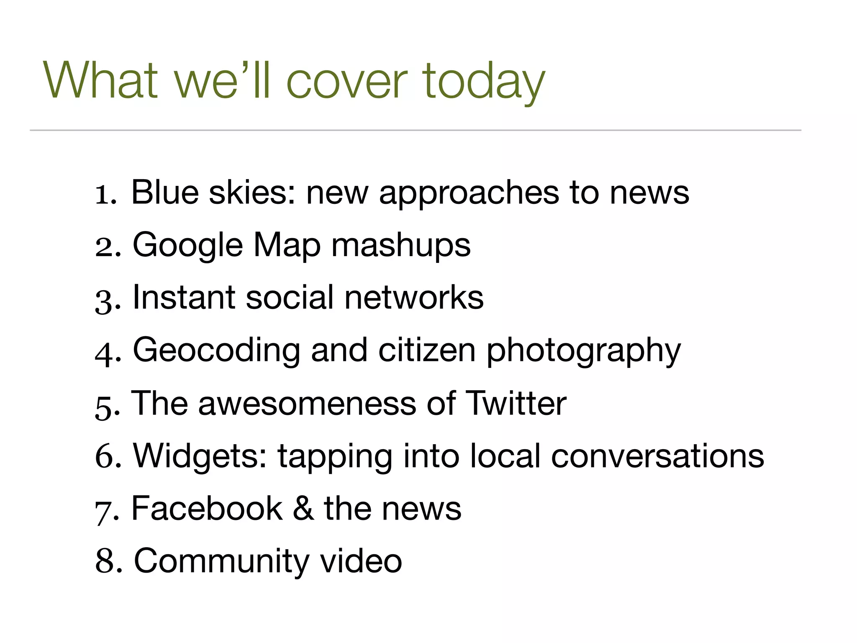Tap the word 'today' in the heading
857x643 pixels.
coord(484,82)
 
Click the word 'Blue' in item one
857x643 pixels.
coord(165,192)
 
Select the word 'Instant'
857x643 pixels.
coord(184,298)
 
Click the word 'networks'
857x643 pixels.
coord(414,298)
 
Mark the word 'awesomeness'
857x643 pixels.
coord(307,404)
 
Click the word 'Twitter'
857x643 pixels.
coord(516,404)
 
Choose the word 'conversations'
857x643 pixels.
coord(657,456)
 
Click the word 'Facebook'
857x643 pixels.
coord(207,509)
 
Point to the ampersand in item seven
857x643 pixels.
coord(303,509)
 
